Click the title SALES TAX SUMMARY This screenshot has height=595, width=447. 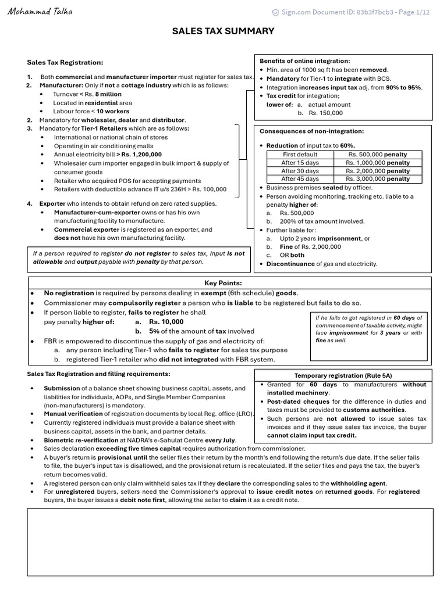[223, 31]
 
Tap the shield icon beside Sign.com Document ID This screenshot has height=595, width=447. [275, 13]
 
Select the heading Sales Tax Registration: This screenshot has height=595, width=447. [65, 62]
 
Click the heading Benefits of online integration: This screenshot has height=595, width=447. [304, 61]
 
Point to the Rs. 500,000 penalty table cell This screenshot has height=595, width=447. [378, 155]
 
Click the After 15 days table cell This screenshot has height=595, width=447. [300, 163]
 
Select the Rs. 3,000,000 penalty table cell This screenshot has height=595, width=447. [378, 179]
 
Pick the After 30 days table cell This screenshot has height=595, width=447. [300, 171]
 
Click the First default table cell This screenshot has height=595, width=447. [300, 155]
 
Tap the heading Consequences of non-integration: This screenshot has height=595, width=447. [311, 131]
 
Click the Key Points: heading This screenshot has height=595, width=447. [223, 283]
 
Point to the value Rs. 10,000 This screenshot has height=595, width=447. [166, 321]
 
